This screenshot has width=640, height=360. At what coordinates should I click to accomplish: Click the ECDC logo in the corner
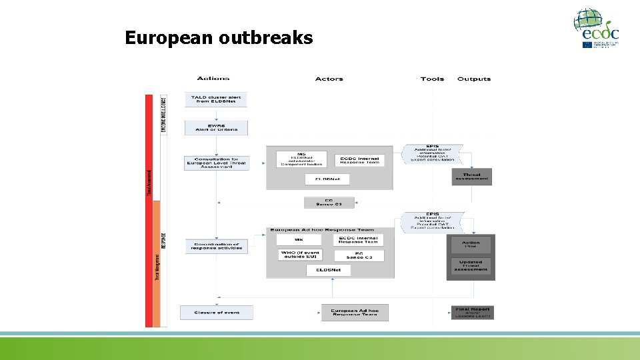(x=597, y=28)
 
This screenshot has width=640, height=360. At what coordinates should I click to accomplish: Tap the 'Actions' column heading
(x=213, y=79)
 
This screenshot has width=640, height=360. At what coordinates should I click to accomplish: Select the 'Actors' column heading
(x=329, y=79)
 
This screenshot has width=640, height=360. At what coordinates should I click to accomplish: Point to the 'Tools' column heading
(x=432, y=79)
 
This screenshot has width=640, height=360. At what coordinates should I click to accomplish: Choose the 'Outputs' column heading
(x=474, y=79)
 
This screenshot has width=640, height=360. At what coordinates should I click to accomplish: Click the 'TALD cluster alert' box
(x=216, y=99)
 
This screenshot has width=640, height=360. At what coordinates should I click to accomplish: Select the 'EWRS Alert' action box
(x=216, y=127)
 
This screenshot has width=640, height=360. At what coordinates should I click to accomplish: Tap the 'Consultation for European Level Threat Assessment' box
(x=216, y=163)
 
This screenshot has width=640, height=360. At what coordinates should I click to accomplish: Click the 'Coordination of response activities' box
(x=216, y=247)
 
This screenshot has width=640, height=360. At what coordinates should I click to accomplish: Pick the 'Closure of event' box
(x=217, y=312)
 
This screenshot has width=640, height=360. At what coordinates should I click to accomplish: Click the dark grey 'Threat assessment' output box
(x=472, y=177)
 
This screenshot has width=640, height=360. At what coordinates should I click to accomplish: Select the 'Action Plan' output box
(x=471, y=244)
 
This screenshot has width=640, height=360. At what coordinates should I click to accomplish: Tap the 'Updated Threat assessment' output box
(x=471, y=265)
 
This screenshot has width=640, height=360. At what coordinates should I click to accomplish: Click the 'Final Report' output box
(x=472, y=312)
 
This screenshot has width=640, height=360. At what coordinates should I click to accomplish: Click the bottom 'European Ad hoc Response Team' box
(x=354, y=312)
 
